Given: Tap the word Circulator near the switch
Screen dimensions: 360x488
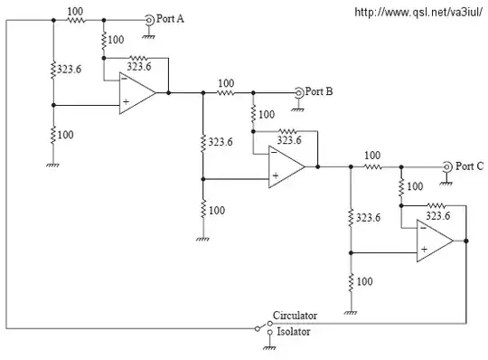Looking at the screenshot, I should click(x=295, y=316).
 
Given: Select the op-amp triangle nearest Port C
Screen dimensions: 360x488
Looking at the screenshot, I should click(x=435, y=242).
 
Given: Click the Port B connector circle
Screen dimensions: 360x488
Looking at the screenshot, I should click(x=297, y=92).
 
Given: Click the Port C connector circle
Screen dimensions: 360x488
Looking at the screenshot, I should click(x=446, y=166).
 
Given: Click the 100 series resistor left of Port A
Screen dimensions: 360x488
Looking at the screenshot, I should click(x=76, y=18).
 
